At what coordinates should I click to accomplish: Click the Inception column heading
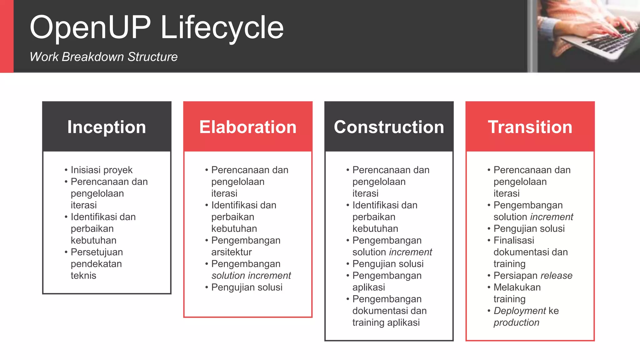tap(107, 127)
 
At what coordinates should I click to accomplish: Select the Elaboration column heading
tap(248, 127)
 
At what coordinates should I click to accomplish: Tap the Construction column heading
tap(389, 127)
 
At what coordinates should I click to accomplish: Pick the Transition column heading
tap(530, 127)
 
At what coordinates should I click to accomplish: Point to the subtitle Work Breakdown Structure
tap(103, 57)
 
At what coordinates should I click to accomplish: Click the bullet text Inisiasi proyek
tap(102, 170)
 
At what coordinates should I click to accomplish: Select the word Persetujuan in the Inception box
tap(97, 252)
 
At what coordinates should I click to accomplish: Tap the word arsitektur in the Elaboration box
tap(231, 252)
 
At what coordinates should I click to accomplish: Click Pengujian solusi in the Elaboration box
tap(247, 287)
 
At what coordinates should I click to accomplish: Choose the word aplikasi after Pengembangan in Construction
tap(368, 287)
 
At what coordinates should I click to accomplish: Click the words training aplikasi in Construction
tap(386, 322)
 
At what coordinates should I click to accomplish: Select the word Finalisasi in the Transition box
tap(514, 240)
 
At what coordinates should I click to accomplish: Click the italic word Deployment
tap(519, 311)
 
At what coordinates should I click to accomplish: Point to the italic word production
tap(516, 322)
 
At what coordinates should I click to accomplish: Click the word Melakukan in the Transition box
tap(517, 287)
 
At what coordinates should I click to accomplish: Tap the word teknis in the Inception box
tap(83, 276)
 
